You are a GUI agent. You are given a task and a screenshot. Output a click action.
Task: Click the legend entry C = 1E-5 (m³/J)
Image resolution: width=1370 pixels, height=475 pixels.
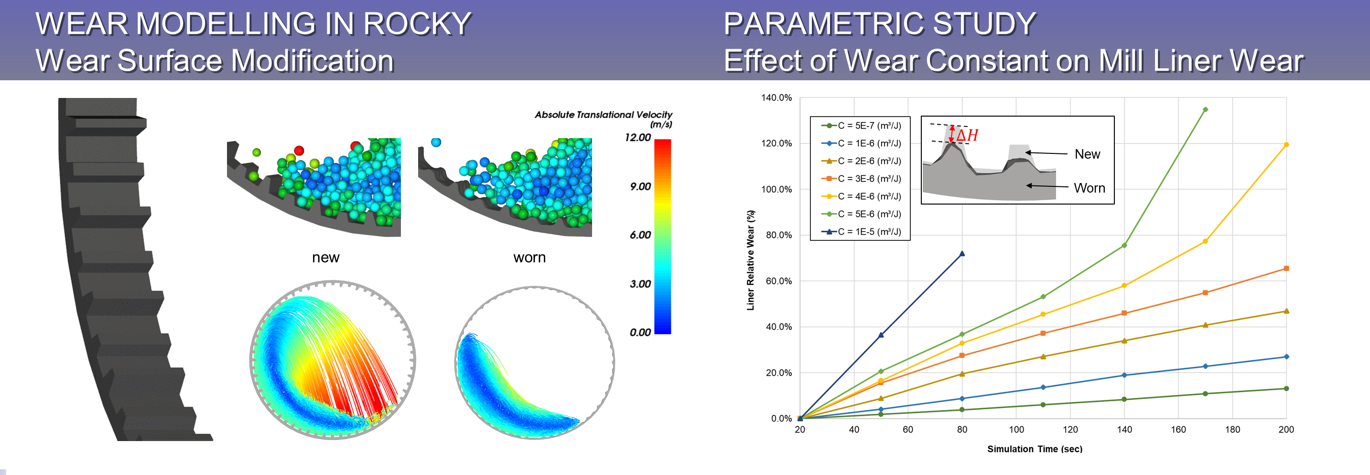(x=862, y=231)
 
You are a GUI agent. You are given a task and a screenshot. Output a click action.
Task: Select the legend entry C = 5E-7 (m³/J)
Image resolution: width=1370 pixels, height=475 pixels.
(x=862, y=126)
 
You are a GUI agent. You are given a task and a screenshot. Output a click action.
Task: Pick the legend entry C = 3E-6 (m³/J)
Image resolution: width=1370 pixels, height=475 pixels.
(x=862, y=179)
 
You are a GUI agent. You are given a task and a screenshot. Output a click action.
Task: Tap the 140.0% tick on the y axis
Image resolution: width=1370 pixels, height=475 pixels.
(x=777, y=98)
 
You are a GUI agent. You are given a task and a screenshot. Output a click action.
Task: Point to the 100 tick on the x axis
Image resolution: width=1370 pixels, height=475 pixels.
(x=1016, y=429)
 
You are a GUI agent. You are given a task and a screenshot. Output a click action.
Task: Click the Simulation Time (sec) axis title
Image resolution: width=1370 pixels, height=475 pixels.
(x=1035, y=449)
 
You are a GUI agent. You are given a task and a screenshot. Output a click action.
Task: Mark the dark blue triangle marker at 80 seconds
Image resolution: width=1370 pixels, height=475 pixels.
(x=962, y=254)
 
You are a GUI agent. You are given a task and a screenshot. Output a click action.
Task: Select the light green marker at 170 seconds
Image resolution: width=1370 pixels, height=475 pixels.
(x=1205, y=109)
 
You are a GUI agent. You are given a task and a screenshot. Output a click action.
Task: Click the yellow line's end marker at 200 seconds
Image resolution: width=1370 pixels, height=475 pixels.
(x=1286, y=145)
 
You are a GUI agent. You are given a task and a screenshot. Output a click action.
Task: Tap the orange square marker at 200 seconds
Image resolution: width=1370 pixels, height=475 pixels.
(x=1286, y=269)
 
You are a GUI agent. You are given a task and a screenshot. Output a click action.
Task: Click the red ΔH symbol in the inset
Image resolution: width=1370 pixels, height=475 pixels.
(x=967, y=135)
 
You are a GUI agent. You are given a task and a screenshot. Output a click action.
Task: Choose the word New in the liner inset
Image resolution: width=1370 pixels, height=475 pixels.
(x=1087, y=154)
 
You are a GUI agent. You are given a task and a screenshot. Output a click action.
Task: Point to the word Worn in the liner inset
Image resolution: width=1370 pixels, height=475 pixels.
(x=1089, y=188)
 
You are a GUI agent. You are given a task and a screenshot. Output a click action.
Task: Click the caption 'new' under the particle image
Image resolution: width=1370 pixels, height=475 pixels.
(x=325, y=258)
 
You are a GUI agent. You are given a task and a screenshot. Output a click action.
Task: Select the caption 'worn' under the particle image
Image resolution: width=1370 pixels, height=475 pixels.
(x=530, y=258)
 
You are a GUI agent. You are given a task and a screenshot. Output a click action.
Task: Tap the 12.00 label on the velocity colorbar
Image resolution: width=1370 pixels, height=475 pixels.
(x=637, y=137)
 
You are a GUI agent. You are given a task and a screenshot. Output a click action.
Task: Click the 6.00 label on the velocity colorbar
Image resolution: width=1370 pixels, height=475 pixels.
(x=640, y=235)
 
